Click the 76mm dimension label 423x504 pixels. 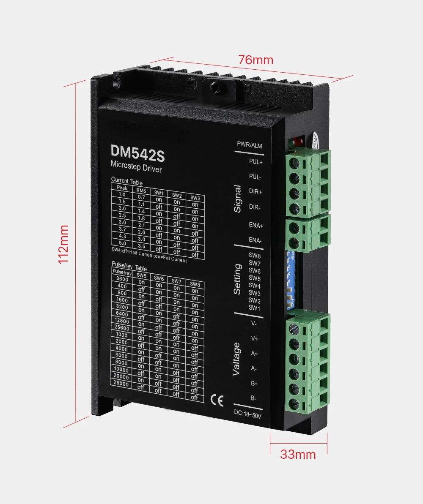click(x=255, y=60)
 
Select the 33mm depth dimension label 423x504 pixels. click(x=298, y=454)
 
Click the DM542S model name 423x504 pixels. click(x=137, y=154)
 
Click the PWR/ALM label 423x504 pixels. click(x=249, y=146)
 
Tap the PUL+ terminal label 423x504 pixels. click(x=255, y=162)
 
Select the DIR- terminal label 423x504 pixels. click(x=255, y=207)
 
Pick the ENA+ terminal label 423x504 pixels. click(x=255, y=226)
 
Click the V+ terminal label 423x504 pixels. click(x=254, y=338)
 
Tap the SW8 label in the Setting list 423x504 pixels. click(x=255, y=256)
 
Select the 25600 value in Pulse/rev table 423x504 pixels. click(x=122, y=328)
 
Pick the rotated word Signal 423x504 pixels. click(x=237, y=199)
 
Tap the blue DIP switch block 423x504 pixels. click(x=291, y=279)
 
